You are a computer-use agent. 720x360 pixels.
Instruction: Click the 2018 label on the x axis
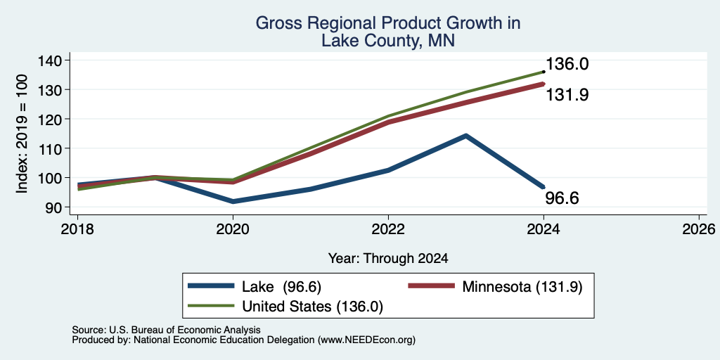(x=77, y=229)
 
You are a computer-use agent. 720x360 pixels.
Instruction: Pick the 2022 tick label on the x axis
(x=388, y=229)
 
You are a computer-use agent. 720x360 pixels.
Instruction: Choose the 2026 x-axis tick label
(x=700, y=229)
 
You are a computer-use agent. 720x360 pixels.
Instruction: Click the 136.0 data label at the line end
(x=567, y=64)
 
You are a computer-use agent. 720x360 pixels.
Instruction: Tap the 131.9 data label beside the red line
(x=567, y=95)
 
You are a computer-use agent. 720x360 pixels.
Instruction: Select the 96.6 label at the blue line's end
(x=562, y=198)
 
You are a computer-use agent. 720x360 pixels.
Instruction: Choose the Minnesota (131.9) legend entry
(x=496, y=287)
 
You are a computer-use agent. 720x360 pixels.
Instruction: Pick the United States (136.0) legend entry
(x=285, y=307)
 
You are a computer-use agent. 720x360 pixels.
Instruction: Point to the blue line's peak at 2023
(x=466, y=136)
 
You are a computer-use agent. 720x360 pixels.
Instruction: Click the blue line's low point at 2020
(x=233, y=202)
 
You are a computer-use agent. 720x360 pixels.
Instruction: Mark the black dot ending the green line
(x=544, y=72)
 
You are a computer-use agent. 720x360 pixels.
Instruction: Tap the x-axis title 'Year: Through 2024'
(x=388, y=259)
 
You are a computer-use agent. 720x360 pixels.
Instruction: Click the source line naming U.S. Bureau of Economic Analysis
(x=166, y=330)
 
